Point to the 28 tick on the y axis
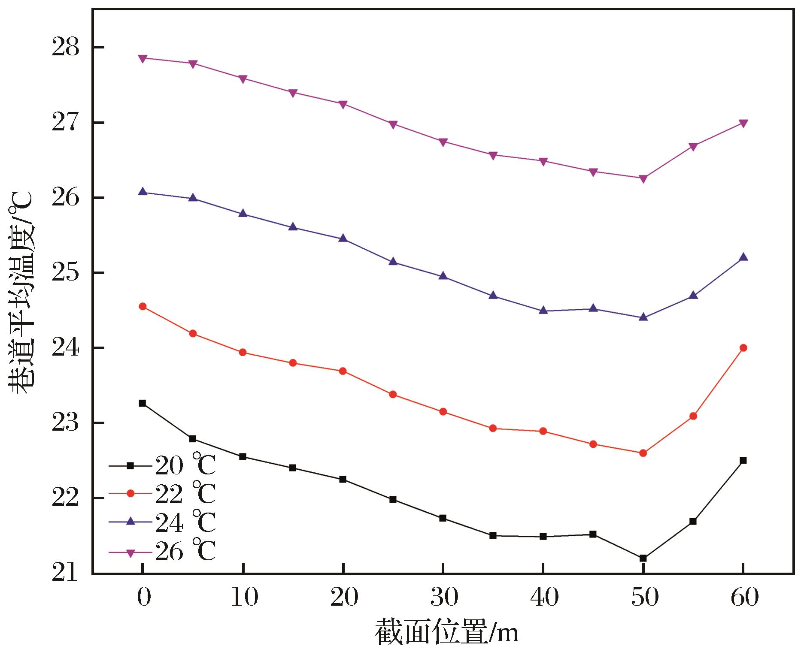tap(65, 47)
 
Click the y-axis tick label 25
tap(65, 273)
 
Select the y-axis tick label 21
tap(65, 574)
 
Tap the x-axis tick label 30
tap(444, 598)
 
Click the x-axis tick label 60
tap(744, 598)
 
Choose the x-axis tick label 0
tap(143, 598)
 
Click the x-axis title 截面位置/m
tap(446, 631)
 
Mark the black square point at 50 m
tap(643, 558)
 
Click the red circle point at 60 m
tap(743, 347)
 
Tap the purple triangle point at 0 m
tap(143, 58)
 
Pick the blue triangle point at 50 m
tap(643, 317)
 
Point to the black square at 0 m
tap(143, 403)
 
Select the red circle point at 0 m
tap(143, 306)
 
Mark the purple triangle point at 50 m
tap(643, 178)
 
